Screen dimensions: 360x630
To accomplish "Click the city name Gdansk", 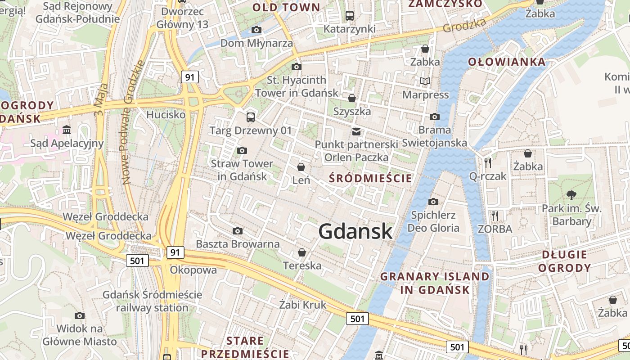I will pos(355,231).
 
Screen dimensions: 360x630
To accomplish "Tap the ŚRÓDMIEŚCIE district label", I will pos(370,178).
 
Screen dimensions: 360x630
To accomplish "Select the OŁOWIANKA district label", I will pos(507,62).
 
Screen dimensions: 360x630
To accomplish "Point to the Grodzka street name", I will pos(465,25).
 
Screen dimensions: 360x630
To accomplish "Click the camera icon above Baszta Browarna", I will pos(238,231).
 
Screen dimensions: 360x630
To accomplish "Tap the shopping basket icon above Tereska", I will pos(302,253).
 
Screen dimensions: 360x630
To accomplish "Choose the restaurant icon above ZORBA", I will pos(495,216).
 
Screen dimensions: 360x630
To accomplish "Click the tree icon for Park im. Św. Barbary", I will pos(571,195).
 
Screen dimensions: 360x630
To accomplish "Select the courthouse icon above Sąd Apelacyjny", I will pos(67,130).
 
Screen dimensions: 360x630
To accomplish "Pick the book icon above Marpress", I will pos(425,81).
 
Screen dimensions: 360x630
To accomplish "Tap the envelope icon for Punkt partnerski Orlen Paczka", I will pos(356,131).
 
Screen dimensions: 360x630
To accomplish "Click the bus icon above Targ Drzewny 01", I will pos(251,117).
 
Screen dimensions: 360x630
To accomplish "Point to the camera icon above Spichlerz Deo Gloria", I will pos(433,202).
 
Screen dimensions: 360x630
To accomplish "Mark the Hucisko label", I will pos(166,115).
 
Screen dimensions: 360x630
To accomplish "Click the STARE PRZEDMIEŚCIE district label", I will pos(245,346).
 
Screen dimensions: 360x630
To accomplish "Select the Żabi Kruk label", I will pos(302,305).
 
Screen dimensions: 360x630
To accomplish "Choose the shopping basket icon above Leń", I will pos(301,167).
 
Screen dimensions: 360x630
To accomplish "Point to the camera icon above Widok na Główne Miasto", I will pos(80,316).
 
